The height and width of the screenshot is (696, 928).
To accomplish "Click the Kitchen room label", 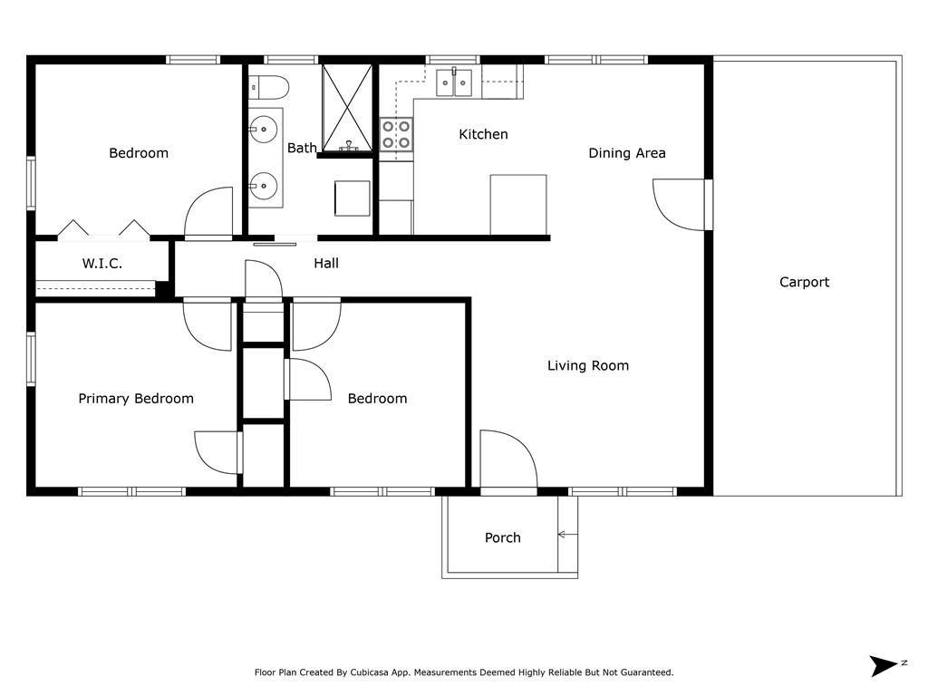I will coord(483,134).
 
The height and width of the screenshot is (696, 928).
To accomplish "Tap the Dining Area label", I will coord(627,153).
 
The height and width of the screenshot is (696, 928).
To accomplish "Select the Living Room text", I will coord(588,366).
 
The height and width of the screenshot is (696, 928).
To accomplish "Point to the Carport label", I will coord(804,282).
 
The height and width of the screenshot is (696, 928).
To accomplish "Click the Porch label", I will coord(502,537).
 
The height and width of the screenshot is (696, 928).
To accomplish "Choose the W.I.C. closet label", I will coord(102,264).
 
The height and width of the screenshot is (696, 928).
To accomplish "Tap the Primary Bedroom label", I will coord(136,398).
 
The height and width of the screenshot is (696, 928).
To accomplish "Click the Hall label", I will coord(326,263).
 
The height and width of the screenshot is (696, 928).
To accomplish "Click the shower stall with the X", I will coord(348,108).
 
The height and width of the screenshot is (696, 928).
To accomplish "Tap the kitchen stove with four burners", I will coord(396,135).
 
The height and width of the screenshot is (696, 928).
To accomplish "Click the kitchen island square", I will coord(518,204).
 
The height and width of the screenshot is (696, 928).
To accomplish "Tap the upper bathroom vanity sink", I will coord(263,130).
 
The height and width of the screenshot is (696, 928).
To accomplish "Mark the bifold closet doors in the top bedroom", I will coord(103,228).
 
